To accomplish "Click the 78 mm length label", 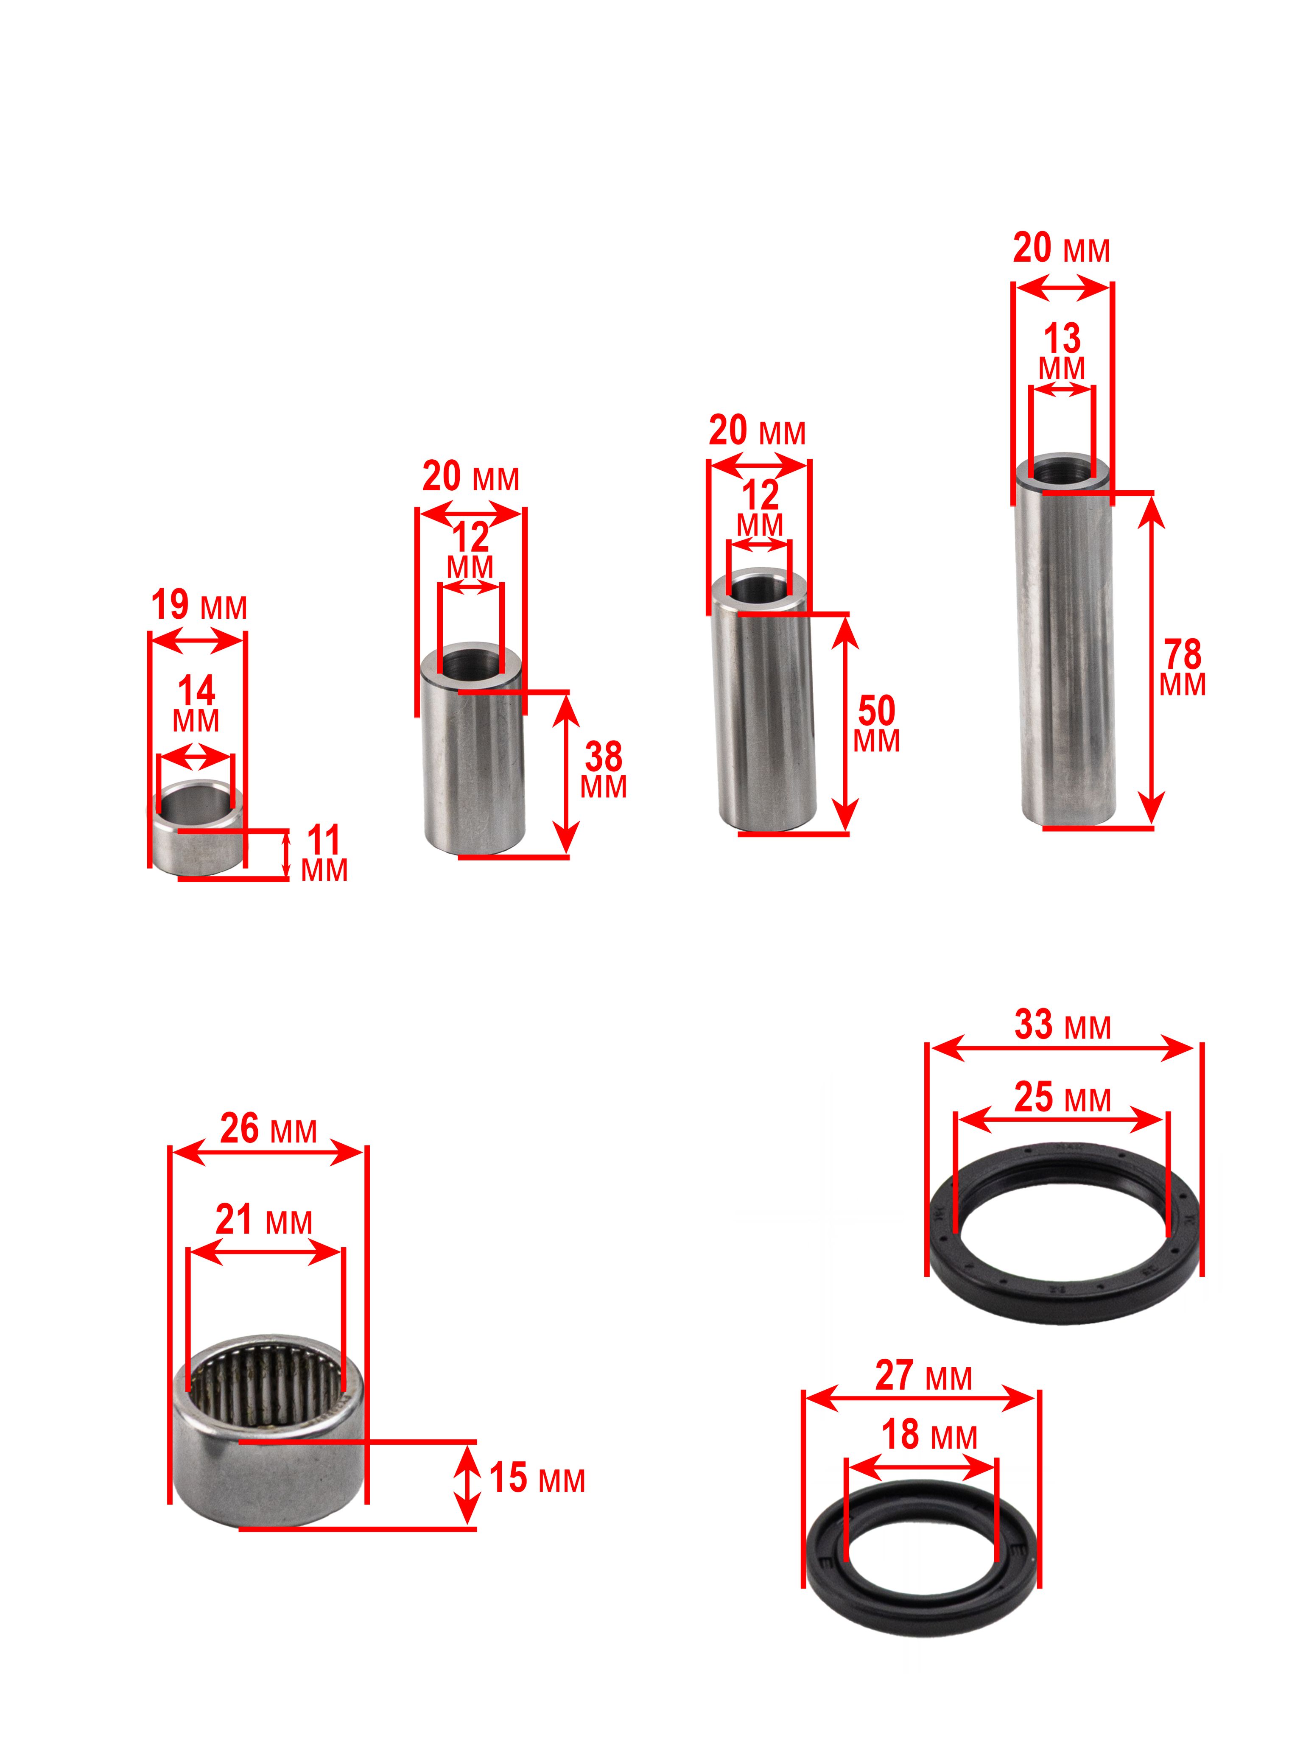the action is click(x=1182, y=667).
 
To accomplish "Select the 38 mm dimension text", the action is click(x=603, y=770).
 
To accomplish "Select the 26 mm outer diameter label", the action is click(x=268, y=1128).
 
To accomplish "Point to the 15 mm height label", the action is click(x=537, y=1478).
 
